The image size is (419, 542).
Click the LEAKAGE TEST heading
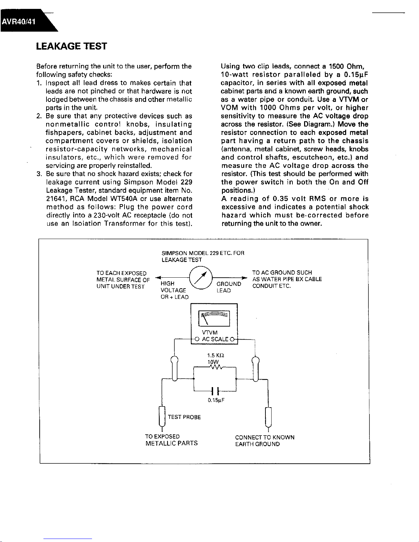point(71,46)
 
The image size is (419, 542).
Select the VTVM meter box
point(214,323)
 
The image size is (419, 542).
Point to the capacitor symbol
point(215,391)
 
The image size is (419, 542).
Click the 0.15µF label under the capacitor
point(216,400)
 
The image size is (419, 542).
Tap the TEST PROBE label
point(184,417)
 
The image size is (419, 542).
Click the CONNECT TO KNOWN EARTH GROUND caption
point(264,441)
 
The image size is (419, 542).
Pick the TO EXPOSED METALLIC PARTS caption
point(171,440)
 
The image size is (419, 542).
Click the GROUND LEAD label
point(228,287)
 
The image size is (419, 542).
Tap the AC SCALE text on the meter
point(215,340)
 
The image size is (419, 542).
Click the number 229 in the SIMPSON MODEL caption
point(214,253)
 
